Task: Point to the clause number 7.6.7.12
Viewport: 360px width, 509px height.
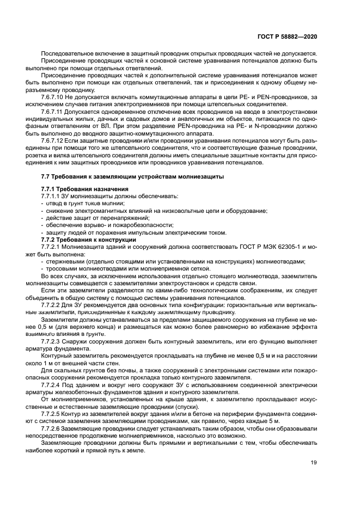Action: pyautogui.click(x=54, y=140)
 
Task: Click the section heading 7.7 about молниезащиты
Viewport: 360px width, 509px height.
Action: pyautogui.click(x=132, y=177)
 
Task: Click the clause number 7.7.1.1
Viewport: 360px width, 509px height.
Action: pyautogui.click(x=51, y=196)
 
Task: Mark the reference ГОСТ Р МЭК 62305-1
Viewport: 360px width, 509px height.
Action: pyautogui.click(x=266, y=247)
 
